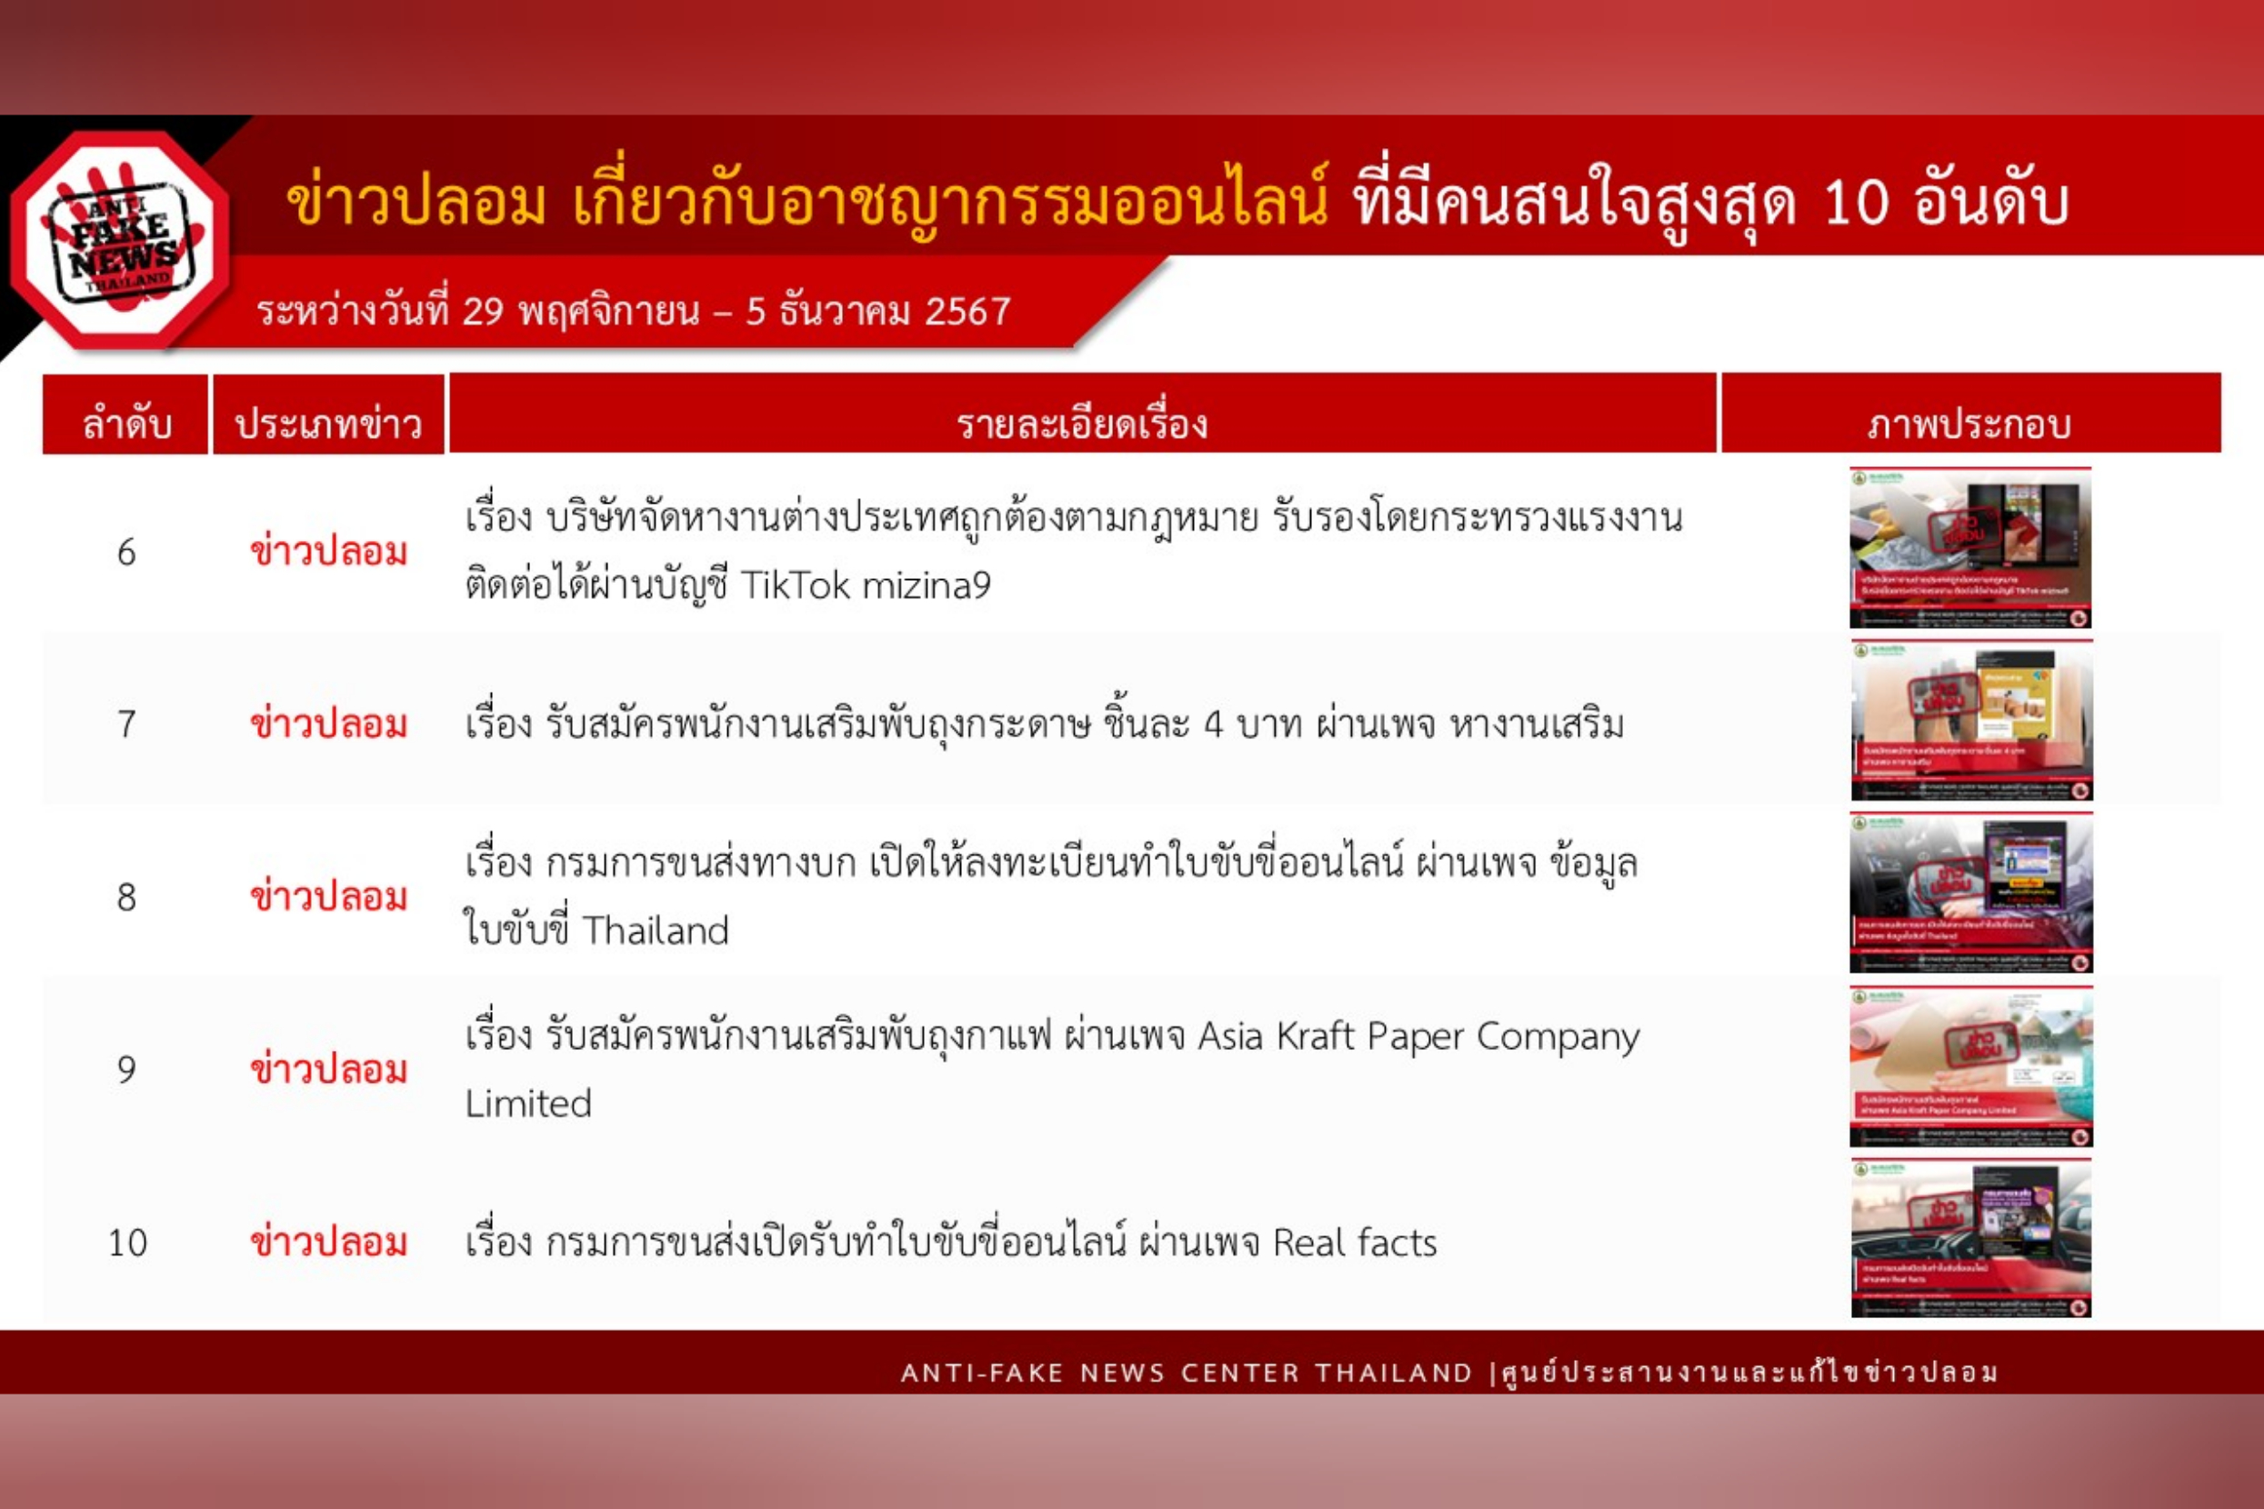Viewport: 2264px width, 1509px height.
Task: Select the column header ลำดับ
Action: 126,424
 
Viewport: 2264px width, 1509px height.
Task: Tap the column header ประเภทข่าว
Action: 328,424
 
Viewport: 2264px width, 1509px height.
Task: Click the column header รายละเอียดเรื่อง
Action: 1082,424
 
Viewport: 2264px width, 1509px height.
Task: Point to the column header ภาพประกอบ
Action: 1969,424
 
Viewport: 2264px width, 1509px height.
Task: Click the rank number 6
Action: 126,553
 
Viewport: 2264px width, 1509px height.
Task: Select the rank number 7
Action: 126,724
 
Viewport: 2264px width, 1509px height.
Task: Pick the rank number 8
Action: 126,897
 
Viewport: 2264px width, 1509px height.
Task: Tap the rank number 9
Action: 126,1069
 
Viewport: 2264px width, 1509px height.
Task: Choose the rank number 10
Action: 127,1243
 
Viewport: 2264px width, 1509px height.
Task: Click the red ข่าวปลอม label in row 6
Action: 328,553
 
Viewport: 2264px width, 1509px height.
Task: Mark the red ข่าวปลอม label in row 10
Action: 328,1243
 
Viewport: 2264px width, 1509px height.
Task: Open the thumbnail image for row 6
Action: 1970,547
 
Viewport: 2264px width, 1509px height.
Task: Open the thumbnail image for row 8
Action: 1970,893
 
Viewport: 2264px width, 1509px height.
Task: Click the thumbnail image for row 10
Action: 1970,1239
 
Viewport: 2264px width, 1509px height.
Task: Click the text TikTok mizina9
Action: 865,585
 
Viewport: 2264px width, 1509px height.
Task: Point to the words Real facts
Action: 1355,1243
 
